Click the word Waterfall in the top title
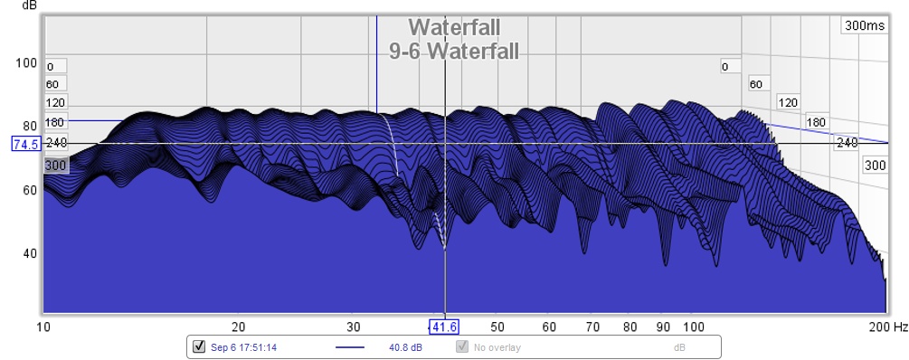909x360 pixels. click(454, 27)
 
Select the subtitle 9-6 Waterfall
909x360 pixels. click(454, 51)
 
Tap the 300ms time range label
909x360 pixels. click(865, 25)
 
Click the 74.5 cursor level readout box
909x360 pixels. click(26, 144)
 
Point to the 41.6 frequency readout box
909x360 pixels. click(445, 327)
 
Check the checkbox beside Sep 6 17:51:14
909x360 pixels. click(199, 346)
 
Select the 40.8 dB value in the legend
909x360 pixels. click(405, 348)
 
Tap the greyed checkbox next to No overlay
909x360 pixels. click(462, 346)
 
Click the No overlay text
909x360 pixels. click(497, 348)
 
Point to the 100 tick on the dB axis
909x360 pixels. click(26, 62)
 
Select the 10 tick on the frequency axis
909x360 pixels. click(43, 327)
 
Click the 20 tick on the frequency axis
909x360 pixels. click(238, 327)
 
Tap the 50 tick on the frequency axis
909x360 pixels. click(497, 327)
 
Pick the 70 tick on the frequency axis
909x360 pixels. click(593, 327)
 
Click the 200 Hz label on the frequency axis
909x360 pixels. click(889, 327)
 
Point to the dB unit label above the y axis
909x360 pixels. click(29, 5)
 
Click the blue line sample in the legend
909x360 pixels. click(350, 348)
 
